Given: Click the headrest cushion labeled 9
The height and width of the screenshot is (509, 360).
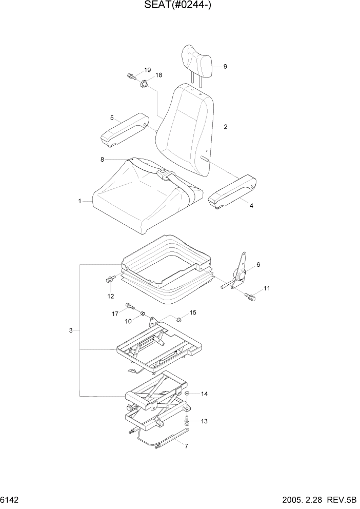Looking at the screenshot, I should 197,58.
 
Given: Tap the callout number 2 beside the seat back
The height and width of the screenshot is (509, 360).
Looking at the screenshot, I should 225,127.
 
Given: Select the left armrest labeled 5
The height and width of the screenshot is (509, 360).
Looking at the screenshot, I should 124,130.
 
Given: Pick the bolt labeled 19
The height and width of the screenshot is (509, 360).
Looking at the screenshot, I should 131,76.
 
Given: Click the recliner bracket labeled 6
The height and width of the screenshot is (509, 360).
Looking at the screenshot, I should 240,272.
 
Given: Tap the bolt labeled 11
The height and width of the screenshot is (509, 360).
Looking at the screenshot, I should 250,296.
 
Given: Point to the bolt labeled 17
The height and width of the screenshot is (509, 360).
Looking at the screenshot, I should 129,307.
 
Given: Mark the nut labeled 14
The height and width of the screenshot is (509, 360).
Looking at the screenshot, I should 188,394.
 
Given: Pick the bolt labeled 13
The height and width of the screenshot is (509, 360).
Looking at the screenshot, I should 187,421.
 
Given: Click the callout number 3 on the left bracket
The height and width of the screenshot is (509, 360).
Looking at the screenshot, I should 71,330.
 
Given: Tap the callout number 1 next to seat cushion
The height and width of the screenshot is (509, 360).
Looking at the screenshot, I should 79,202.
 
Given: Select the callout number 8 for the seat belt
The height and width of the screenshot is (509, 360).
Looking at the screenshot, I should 102,160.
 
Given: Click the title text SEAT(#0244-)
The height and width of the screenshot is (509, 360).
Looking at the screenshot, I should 180,7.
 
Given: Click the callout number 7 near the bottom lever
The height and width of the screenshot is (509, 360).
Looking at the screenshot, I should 186,446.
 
